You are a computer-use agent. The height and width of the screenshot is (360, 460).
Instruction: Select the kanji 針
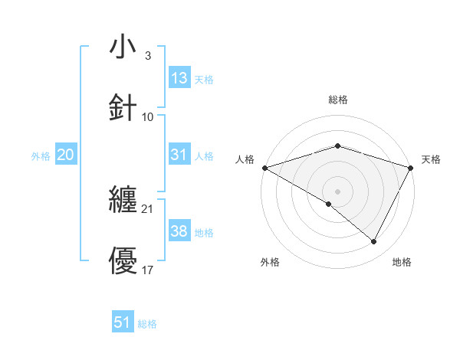123,108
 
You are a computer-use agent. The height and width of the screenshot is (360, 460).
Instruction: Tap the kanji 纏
123,200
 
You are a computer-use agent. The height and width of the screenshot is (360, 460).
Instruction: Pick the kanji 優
123,261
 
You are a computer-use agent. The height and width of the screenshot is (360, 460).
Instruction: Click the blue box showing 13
179,78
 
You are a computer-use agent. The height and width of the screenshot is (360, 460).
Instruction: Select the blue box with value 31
179,155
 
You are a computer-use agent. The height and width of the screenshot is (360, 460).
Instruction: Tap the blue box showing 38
179,231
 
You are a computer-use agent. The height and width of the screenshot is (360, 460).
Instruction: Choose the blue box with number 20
65,155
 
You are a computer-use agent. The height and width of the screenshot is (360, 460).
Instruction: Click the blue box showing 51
123,322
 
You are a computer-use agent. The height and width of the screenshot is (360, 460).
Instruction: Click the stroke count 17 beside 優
147,270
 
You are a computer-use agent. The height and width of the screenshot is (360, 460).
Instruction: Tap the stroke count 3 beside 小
147,55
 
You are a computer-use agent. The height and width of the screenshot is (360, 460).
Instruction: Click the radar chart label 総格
337,100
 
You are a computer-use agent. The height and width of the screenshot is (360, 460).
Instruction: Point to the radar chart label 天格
432,159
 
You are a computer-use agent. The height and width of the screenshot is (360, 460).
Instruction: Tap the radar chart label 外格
270,263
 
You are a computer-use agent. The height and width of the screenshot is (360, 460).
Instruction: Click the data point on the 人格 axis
264,167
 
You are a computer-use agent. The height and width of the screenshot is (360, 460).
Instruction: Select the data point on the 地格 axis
374,242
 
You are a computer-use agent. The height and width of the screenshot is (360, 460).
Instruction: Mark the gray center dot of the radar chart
337,191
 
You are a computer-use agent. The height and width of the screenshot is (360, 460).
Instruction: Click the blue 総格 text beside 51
147,324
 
